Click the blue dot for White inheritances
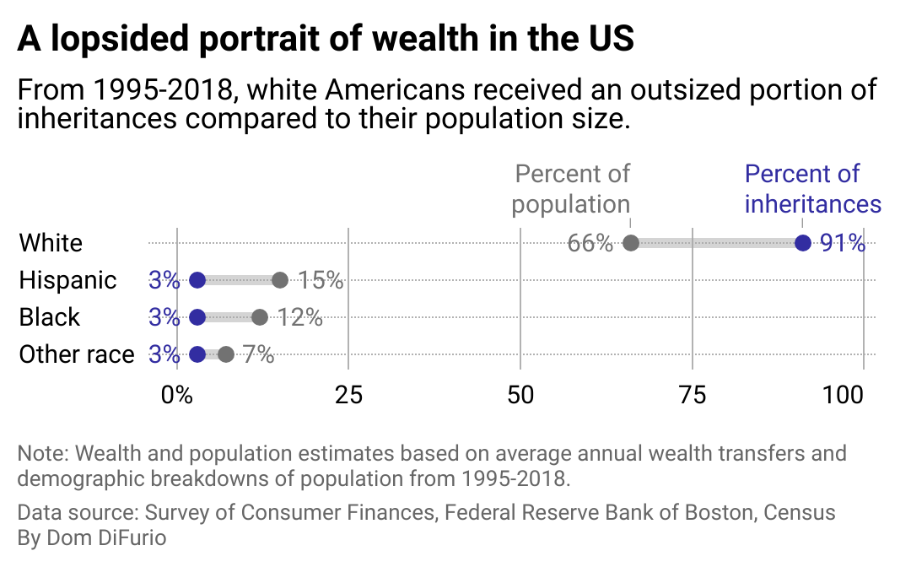point(802,243)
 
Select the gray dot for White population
point(630,243)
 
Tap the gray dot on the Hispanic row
point(280,280)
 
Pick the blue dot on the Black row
point(197,317)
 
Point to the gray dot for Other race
point(225,354)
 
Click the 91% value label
point(843,243)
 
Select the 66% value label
point(590,243)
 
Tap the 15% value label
point(321,280)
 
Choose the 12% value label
point(299,317)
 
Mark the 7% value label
point(258,354)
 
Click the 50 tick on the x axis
point(520,394)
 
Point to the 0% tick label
point(177,394)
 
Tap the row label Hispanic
point(67,280)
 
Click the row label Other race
point(77,354)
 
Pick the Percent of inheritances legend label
point(812,189)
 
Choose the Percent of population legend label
point(572,189)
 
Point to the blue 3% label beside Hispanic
point(164,280)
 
